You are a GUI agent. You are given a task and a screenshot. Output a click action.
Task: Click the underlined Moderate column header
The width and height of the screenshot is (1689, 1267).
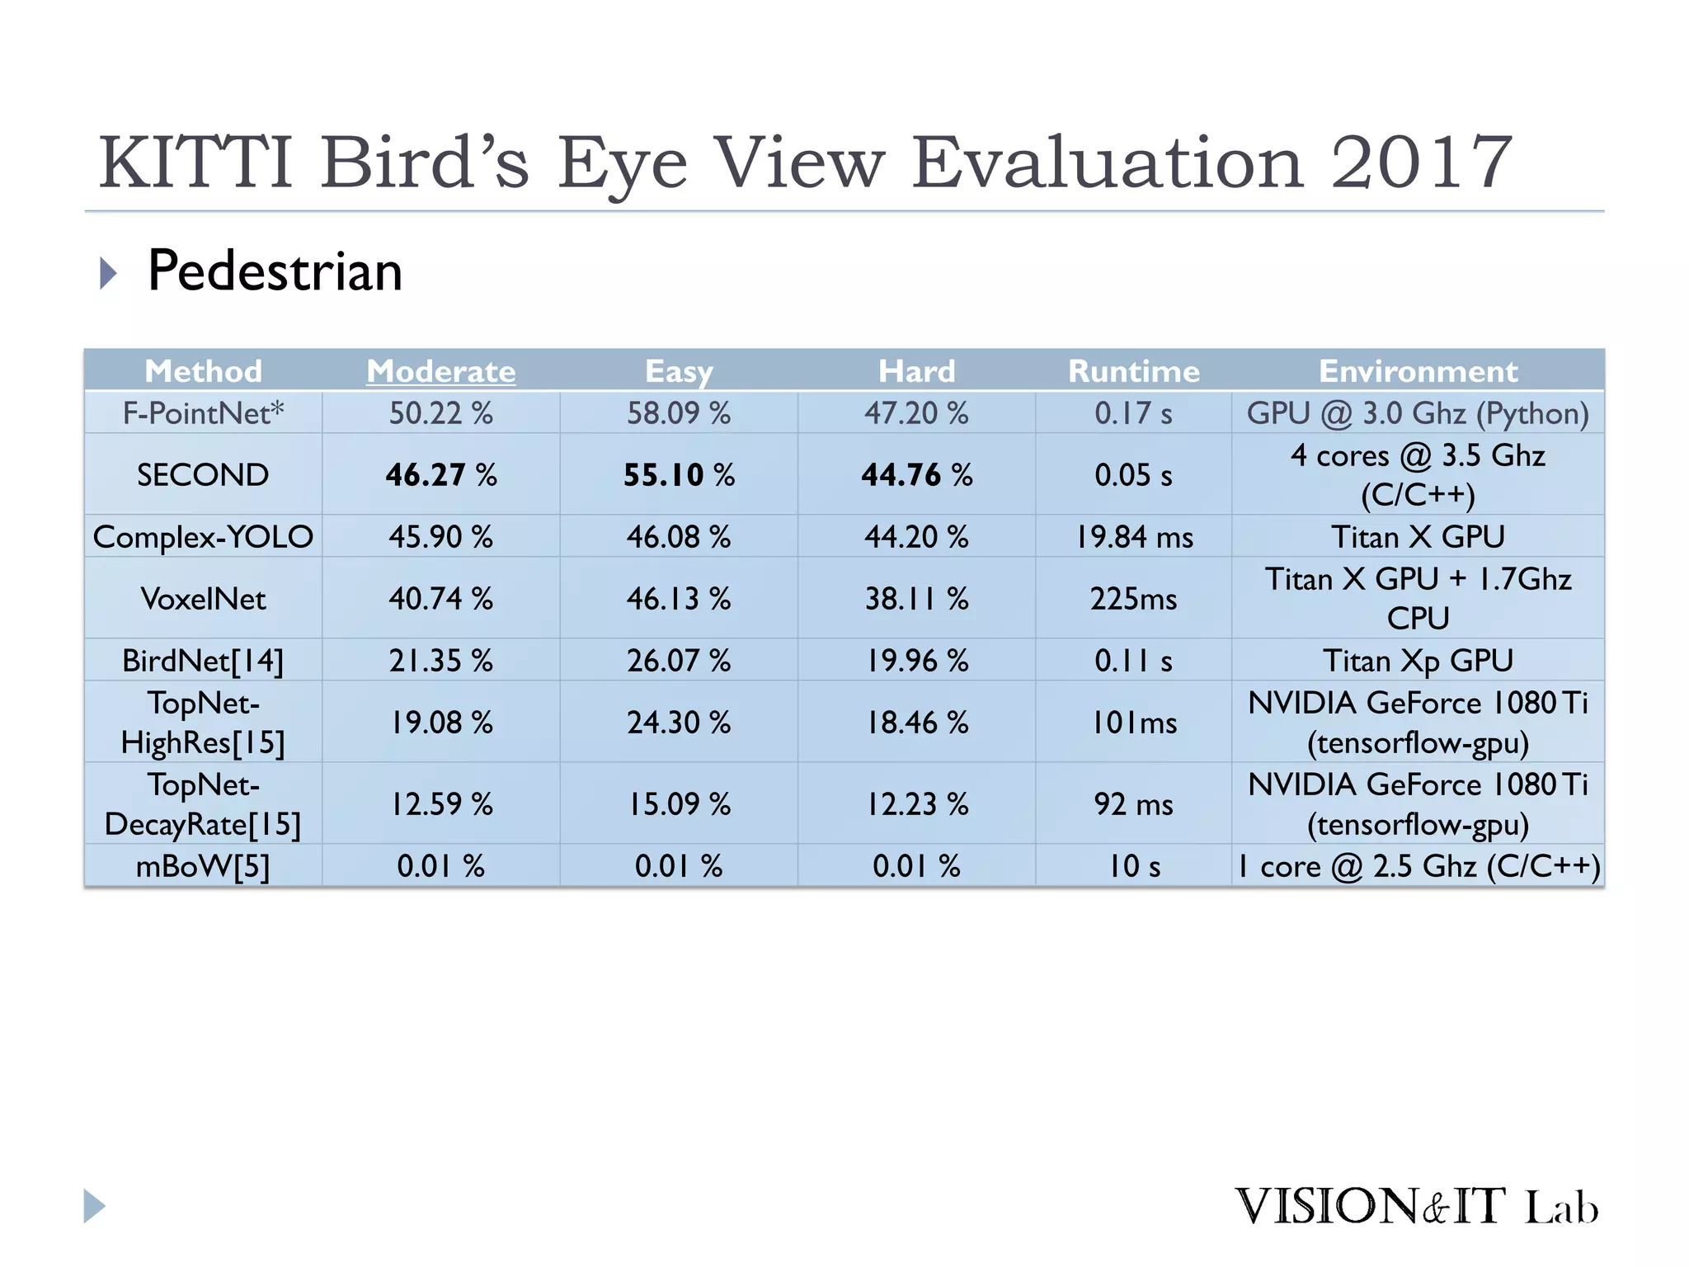(x=441, y=371)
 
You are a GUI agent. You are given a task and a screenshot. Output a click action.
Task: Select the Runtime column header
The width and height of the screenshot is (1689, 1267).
(x=1134, y=371)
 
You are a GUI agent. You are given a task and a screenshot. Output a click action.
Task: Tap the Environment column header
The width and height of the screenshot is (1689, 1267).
(x=1418, y=371)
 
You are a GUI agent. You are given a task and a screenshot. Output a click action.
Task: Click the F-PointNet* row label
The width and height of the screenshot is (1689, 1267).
(x=203, y=413)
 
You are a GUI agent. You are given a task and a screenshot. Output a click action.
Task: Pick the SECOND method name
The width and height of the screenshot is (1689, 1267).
(x=203, y=475)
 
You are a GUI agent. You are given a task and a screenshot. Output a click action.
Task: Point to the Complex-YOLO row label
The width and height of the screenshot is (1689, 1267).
(x=203, y=537)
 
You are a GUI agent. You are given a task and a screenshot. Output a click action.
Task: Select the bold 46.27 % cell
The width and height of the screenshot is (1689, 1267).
(x=441, y=475)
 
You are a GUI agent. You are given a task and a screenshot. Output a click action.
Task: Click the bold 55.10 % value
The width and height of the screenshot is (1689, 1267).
(x=679, y=475)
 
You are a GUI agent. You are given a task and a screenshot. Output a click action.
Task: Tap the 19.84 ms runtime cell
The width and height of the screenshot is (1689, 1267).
(x=1134, y=537)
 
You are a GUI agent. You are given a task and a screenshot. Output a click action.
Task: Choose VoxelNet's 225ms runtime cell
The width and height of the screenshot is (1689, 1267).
(x=1134, y=599)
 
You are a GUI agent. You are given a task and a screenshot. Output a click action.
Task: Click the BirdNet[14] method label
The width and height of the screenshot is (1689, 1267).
(x=203, y=661)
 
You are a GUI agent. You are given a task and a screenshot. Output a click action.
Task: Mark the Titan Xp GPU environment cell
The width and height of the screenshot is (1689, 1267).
(x=1418, y=661)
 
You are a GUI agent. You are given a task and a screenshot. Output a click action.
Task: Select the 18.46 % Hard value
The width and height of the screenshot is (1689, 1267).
(x=916, y=723)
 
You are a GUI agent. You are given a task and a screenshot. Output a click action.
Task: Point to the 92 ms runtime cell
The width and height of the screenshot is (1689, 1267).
(x=1134, y=804)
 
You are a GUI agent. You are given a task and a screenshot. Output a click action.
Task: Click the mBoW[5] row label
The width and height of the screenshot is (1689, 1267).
(x=203, y=866)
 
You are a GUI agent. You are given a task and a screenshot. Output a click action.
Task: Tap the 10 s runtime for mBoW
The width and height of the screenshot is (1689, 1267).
(x=1134, y=866)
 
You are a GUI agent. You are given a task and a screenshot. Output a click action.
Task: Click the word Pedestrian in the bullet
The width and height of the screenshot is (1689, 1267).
(x=275, y=271)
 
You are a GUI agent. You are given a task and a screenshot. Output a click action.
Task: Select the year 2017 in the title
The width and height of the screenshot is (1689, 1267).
(x=1421, y=162)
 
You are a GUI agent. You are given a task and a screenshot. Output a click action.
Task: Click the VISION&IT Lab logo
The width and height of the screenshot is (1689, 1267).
(x=1416, y=1207)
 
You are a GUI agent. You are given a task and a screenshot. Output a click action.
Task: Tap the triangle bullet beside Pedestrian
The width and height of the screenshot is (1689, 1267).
(x=108, y=273)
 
